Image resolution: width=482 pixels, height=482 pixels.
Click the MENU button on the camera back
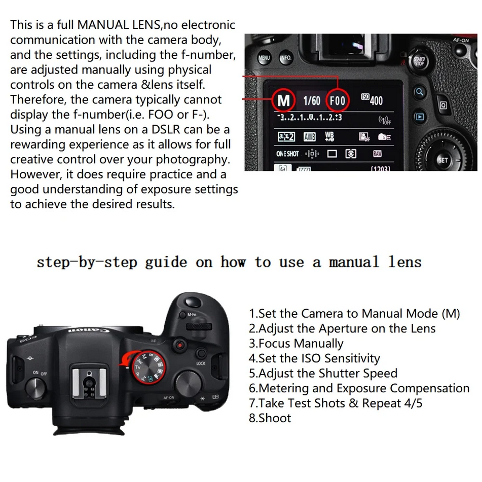[264, 57]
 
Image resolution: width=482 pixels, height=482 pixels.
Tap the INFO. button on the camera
[286, 57]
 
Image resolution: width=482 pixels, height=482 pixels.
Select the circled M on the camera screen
[283, 100]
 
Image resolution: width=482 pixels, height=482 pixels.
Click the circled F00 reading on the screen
[338, 100]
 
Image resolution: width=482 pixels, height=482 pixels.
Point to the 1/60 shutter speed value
[311, 101]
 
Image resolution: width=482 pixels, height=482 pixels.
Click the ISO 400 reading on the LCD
[372, 100]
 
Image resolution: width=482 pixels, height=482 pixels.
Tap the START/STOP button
[419, 60]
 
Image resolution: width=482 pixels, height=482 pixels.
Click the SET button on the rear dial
[442, 160]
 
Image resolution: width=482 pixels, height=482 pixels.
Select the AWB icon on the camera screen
[310, 136]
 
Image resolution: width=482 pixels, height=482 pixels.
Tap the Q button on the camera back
[443, 105]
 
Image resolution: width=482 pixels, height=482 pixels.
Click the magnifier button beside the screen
[419, 92]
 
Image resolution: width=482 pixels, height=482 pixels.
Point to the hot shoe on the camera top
[89, 382]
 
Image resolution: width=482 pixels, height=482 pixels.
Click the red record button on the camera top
[179, 345]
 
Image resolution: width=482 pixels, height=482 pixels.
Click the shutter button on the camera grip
[193, 302]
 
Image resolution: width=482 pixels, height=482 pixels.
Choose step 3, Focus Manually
[296, 343]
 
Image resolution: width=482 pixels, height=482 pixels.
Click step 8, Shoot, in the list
[270, 418]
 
